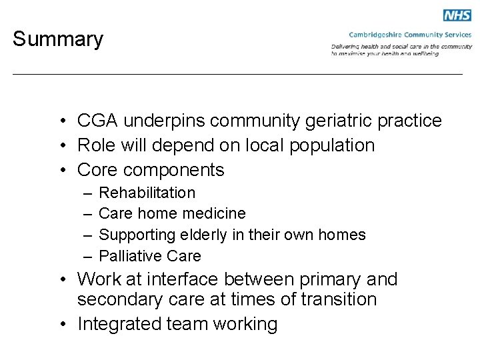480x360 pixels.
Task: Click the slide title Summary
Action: pyautogui.click(x=58, y=39)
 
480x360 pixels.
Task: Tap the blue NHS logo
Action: pyautogui.click(x=457, y=15)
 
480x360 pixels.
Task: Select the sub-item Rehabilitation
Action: pyautogui.click(x=147, y=193)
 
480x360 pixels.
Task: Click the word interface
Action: pyautogui.click(x=203, y=279)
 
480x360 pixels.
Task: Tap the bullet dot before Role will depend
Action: pyautogui.click(x=60, y=145)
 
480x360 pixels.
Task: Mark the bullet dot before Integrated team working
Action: pyautogui.click(x=60, y=325)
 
